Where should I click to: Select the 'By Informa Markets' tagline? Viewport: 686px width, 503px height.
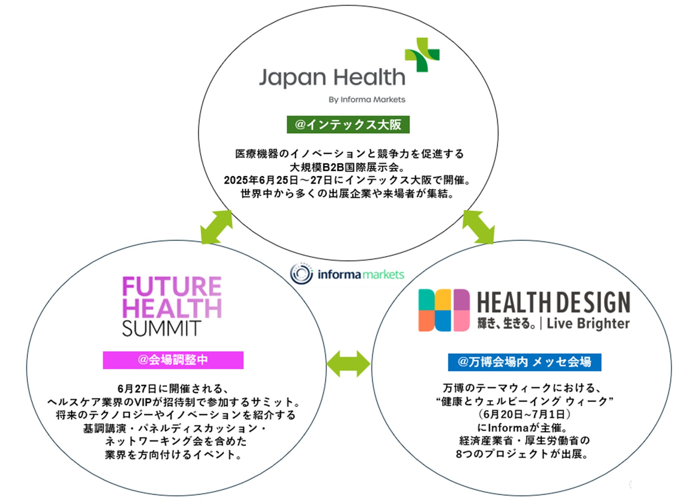coord(367,99)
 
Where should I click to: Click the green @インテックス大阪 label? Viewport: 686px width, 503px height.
coord(348,124)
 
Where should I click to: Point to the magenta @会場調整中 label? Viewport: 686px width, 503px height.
coord(173,360)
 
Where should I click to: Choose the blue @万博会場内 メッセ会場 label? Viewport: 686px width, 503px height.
coord(524,362)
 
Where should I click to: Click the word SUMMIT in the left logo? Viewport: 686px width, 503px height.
coord(161,328)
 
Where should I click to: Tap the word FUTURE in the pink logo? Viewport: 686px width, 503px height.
coord(172,287)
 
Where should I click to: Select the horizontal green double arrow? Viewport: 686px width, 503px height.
coord(348,363)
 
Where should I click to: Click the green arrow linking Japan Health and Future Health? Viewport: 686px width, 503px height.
coord(216,227)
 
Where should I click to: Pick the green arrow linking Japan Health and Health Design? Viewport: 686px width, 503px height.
coord(478,227)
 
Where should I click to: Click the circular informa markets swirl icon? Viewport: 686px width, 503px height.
coord(301,273)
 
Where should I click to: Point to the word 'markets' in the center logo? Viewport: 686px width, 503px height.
coord(383,275)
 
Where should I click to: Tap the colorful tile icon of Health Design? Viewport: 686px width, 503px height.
coord(444,310)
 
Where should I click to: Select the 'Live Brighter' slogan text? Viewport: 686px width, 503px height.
coord(588,323)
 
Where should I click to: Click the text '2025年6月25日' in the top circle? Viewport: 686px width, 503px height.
coord(261,180)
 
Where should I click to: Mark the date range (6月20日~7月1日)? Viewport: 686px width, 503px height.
coord(524,414)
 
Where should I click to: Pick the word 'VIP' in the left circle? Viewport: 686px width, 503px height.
coord(142,402)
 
